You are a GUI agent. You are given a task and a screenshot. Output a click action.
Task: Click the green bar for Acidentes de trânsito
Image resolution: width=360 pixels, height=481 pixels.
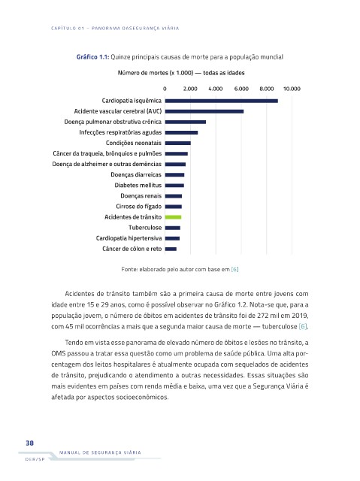173,217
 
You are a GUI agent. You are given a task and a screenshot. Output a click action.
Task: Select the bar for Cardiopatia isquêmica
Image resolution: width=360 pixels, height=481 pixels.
222,101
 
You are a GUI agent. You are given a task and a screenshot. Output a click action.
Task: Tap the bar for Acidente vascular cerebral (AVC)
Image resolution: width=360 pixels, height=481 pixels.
204,111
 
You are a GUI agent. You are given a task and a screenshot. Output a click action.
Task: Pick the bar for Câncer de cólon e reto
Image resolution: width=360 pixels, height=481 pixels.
171,249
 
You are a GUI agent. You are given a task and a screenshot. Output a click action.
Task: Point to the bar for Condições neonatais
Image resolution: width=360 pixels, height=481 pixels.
178,144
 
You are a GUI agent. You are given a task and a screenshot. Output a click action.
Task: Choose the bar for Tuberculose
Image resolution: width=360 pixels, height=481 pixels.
173,228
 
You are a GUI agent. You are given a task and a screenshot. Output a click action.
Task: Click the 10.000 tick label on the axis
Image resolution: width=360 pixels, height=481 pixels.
292,89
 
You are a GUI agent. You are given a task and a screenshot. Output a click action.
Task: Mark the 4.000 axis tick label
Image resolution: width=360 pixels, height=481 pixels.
216,89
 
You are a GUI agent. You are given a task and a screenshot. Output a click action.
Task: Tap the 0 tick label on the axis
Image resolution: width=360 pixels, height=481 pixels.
165,89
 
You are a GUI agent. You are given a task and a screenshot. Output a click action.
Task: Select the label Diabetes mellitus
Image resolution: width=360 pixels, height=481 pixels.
138,186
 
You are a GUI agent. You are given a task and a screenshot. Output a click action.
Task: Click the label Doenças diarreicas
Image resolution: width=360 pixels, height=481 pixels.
136,175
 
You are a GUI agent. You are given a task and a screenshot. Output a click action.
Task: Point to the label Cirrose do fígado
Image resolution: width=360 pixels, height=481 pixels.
138,207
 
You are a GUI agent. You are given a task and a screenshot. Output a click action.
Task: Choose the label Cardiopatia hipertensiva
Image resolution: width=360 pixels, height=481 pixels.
129,238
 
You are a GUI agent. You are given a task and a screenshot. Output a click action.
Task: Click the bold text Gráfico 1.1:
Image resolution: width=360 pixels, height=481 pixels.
92,57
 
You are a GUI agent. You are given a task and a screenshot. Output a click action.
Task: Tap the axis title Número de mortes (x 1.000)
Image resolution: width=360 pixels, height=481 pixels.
156,73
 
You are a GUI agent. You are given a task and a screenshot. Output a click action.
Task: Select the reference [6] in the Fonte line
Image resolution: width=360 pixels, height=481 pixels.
235,269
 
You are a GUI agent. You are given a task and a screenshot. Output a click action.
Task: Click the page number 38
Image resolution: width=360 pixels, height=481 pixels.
30,443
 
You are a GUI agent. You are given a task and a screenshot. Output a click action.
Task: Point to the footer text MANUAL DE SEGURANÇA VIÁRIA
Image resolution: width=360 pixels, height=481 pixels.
100,452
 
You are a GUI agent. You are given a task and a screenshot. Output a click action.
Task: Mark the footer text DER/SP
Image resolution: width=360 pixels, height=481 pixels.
35,459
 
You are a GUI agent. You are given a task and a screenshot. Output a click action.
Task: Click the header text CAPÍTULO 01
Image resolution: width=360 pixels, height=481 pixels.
68,29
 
